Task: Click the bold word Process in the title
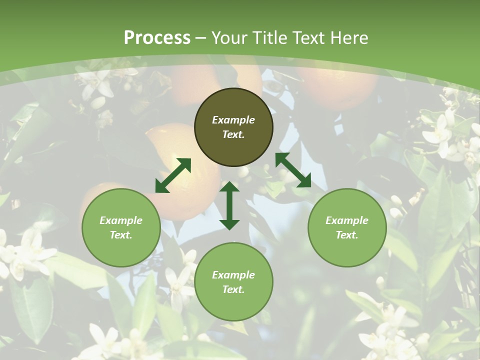click(157, 38)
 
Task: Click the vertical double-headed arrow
click(229, 205)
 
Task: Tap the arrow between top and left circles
click(173, 175)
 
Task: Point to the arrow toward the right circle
click(293, 170)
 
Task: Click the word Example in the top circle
click(233, 120)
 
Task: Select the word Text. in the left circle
click(121, 235)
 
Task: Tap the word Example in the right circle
click(347, 220)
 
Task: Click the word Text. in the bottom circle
click(233, 289)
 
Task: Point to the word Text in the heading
click(307, 38)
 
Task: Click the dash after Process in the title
click(201, 38)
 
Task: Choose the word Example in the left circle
click(121, 220)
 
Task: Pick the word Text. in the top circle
click(233, 134)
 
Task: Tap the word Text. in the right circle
click(347, 235)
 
